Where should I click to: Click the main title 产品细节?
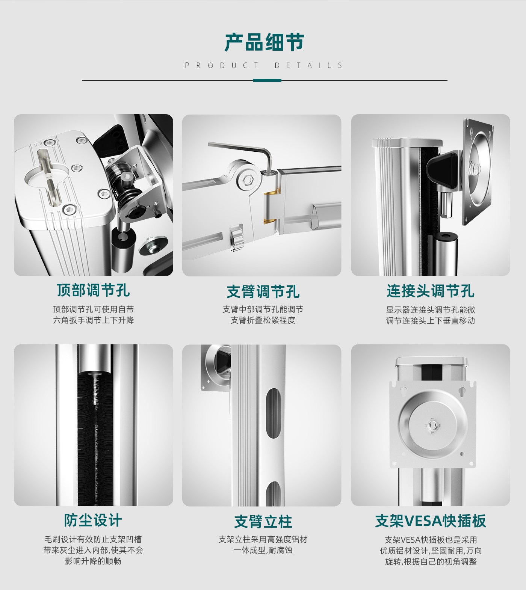[x=264, y=42]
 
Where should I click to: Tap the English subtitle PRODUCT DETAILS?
[x=264, y=65]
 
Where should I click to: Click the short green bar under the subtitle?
[x=267, y=80]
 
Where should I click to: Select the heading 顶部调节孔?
[x=93, y=290]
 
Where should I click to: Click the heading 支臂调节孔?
[x=263, y=291]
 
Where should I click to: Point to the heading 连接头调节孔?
[x=431, y=291]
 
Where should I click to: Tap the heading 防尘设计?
[x=93, y=521]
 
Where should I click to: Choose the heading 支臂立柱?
[x=263, y=522]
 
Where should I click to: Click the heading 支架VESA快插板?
[x=431, y=521]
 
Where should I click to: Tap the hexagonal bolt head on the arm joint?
[x=248, y=181]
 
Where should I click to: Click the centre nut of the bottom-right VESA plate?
[x=432, y=425]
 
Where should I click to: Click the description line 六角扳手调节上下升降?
[x=93, y=320]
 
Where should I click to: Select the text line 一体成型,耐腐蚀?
[x=263, y=550]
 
